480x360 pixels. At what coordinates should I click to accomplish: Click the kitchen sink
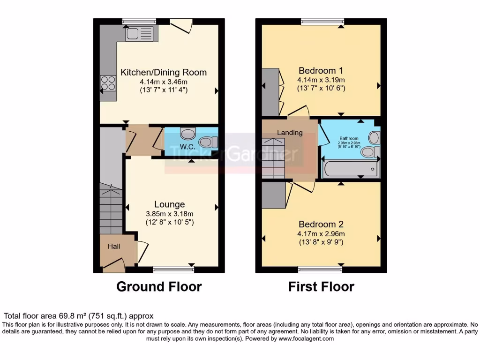(138, 33)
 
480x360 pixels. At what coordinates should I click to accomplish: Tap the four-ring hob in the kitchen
(108, 83)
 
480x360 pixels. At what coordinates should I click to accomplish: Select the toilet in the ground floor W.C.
(208, 141)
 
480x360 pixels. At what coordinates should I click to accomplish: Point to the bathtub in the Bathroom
(351, 169)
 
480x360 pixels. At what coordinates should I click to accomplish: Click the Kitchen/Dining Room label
(164, 72)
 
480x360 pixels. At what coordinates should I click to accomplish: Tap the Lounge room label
(170, 204)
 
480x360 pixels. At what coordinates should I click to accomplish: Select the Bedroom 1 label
(321, 71)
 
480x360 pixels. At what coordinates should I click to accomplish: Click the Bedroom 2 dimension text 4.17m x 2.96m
(321, 234)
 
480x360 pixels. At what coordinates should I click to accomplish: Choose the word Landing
(290, 133)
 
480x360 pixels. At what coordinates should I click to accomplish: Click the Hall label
(114, 247)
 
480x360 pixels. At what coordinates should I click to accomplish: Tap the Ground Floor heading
(159, 286)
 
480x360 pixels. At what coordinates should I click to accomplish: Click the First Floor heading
(321, 286)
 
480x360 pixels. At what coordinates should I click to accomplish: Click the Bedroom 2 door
(303, 187)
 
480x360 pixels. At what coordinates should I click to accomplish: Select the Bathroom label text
(349, 139)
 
